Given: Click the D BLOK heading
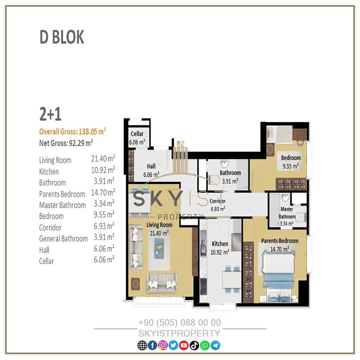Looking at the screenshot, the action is point(62,37).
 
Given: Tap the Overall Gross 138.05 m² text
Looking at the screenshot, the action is point(72,131).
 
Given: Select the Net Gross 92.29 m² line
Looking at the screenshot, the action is point(66,143).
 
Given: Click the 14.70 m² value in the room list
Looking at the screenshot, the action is point(103,192).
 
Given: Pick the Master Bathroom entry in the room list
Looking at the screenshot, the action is point(62,205).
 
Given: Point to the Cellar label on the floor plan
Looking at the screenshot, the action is point(137,134).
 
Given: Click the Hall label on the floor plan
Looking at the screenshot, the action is point(151,166).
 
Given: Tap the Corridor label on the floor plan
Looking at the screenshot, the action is point(218,201).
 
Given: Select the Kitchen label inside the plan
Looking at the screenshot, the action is point(220,244).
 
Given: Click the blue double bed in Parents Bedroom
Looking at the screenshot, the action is point(279,276).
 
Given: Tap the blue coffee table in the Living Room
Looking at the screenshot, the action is point(159,248).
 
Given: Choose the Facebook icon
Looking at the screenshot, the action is point(152,345).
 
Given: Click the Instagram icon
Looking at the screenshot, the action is point(163,345).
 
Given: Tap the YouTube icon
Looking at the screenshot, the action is point(184,345).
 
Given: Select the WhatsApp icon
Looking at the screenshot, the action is point(205,345).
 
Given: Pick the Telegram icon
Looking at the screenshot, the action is point(215,345).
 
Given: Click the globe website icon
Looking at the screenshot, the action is point(142,345).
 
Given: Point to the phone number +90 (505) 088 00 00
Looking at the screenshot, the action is point(180,322).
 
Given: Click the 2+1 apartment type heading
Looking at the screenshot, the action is point(50,114).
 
